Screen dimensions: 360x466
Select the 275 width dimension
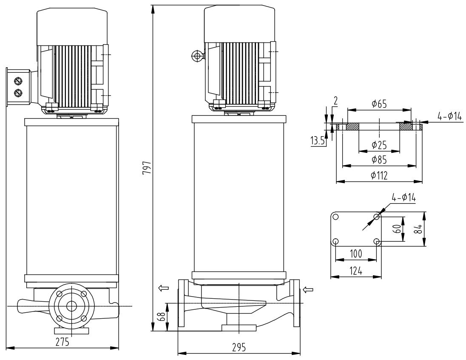point(63,343)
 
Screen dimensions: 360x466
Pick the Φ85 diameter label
point(379,160)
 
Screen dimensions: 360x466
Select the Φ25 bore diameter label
point(379,145)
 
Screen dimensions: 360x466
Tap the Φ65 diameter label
point(379,103)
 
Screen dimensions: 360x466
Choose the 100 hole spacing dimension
point(355,254)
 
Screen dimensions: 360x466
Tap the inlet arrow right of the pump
point(309,290)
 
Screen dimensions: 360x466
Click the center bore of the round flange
point(71,306)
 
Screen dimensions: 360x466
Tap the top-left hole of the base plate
point(336,217)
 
